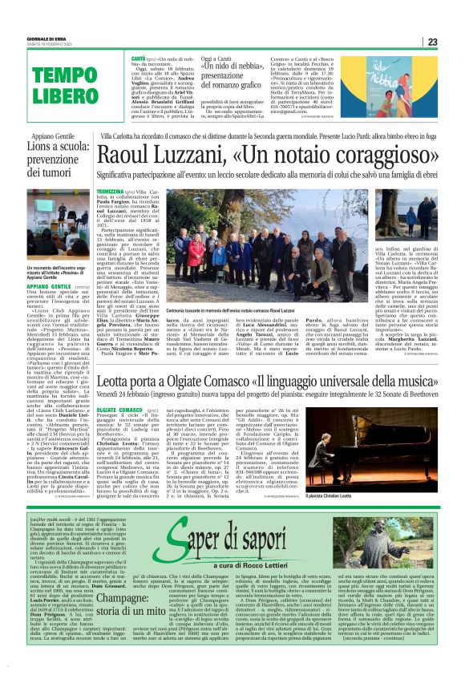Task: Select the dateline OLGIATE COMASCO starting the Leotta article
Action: point(117,409)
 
